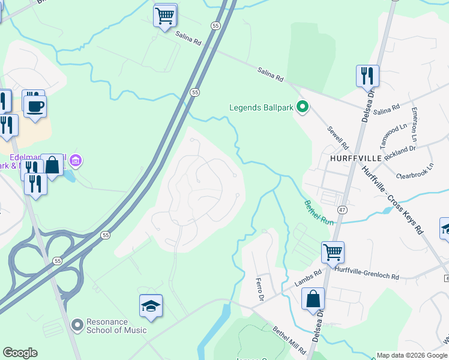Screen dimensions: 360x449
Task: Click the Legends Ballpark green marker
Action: coord(303,108)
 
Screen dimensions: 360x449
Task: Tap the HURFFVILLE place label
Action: coord(356,157)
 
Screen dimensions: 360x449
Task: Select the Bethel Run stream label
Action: coord(318,213)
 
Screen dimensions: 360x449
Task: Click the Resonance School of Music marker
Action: coord(77,325)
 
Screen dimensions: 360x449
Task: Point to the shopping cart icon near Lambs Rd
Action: coord(333,251)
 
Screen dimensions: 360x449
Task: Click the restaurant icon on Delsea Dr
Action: coord(367,76)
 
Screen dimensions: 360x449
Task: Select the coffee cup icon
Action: coord(35,107)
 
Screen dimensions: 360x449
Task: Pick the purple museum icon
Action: coord(76,161)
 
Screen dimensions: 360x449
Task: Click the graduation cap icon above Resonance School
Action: coord(151,306)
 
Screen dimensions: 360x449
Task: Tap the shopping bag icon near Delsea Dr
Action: coord(313,299)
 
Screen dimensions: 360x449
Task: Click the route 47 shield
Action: coord(342,209)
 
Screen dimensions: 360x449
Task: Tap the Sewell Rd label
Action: coord(338,137)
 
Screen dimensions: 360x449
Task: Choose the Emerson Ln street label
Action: coord(414,121)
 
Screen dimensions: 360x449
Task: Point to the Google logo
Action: coord(20,353)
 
